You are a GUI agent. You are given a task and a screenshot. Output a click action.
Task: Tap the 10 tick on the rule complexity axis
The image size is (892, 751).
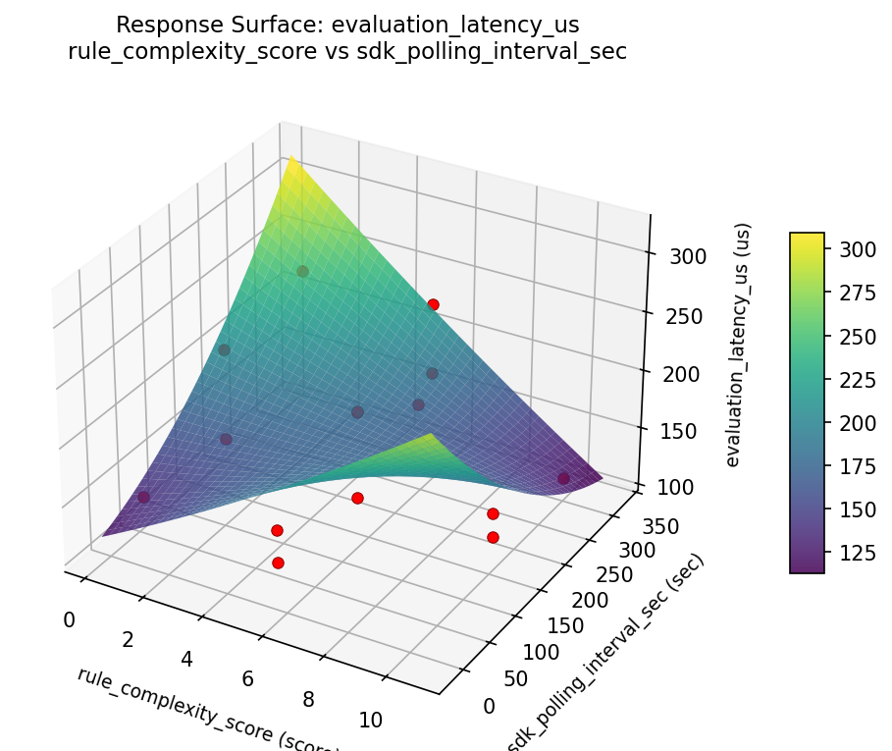tap(370, 720)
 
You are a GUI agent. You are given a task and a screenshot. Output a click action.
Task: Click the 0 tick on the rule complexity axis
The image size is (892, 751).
tap(68, 619)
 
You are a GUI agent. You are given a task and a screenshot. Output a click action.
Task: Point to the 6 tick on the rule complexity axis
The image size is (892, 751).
tap(248, 678)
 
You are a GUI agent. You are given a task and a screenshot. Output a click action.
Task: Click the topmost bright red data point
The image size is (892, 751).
tap(433, 304)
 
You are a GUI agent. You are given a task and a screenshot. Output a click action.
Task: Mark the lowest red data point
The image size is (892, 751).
tap(278, 563)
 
